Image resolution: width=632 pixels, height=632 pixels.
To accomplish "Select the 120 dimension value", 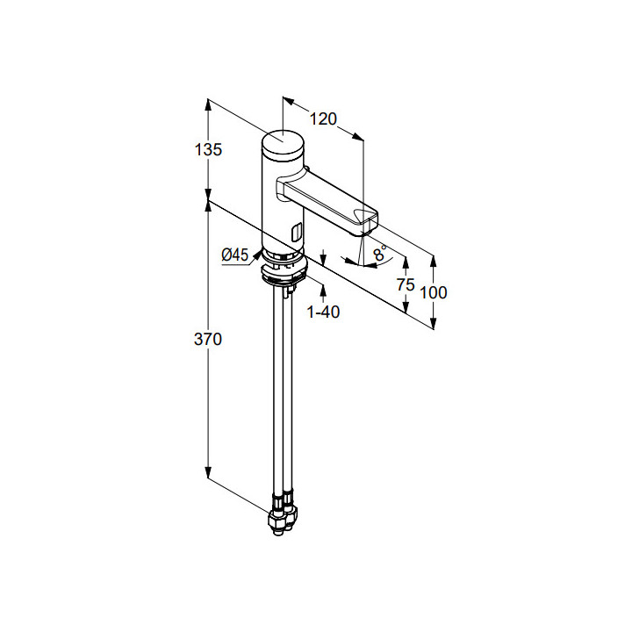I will click(x=324, y=119).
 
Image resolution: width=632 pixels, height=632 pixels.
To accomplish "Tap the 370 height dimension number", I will click(x=208, y=340).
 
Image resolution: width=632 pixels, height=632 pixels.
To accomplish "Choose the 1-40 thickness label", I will click(x=323, y=312).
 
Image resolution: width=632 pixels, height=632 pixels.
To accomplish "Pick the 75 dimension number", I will click(x=406, y=284).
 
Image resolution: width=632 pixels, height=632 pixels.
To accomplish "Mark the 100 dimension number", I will click(x=434, y=292).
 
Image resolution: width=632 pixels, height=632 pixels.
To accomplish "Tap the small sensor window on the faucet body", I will click(x=296, y=232).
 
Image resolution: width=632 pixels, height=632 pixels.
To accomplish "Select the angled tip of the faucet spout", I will click(x=366, y=220).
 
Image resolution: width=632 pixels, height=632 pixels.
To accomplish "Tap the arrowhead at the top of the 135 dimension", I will click(x=208, y=103).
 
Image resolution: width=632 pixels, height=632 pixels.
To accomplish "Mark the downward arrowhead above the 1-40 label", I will click(x=325, y=261).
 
